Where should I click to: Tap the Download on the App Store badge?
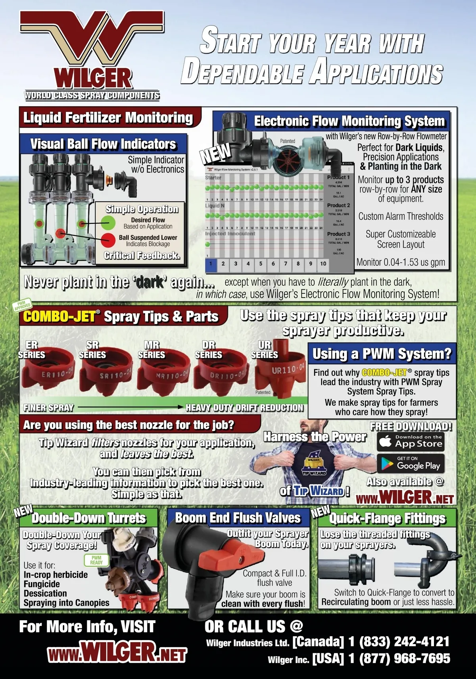(x=410, y=441)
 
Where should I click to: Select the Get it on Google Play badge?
(x=410, y=463)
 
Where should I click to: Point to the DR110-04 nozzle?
(x=221, y=374)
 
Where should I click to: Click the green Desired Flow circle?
(x=108, y=223)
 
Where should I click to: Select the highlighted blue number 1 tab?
(x=211, y=264)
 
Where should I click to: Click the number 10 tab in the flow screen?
(x=323, y=264)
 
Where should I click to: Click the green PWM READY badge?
(x=96, y=560)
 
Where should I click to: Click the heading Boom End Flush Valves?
(x=238, y=518)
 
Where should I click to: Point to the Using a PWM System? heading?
(x=381, y=354)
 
